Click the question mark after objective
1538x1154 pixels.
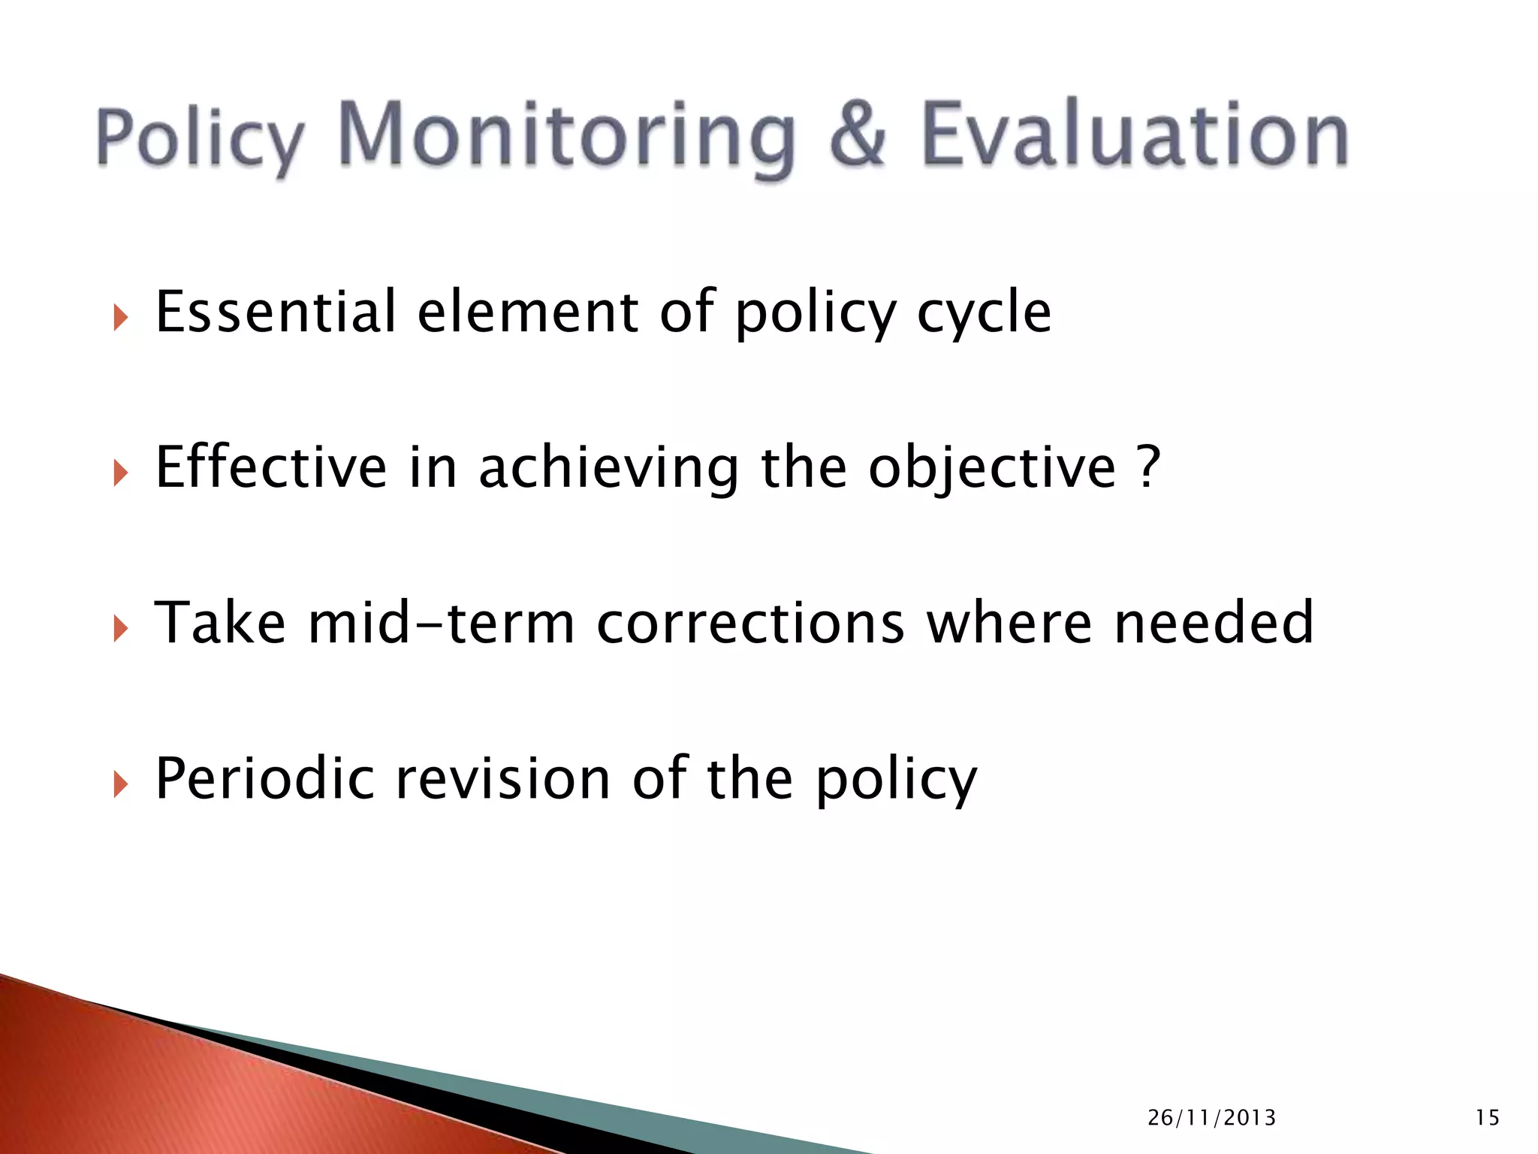click(1148, 467)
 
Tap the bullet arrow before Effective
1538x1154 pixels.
click(120, 473)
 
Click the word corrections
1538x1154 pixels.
click(750, 624)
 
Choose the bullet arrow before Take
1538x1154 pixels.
click(120, 629)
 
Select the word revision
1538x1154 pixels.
click(502, 778)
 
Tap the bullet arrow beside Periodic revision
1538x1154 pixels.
click(120, 784)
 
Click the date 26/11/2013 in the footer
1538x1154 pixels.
click(1211, 1118)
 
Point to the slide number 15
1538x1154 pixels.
click(1487, 1118)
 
